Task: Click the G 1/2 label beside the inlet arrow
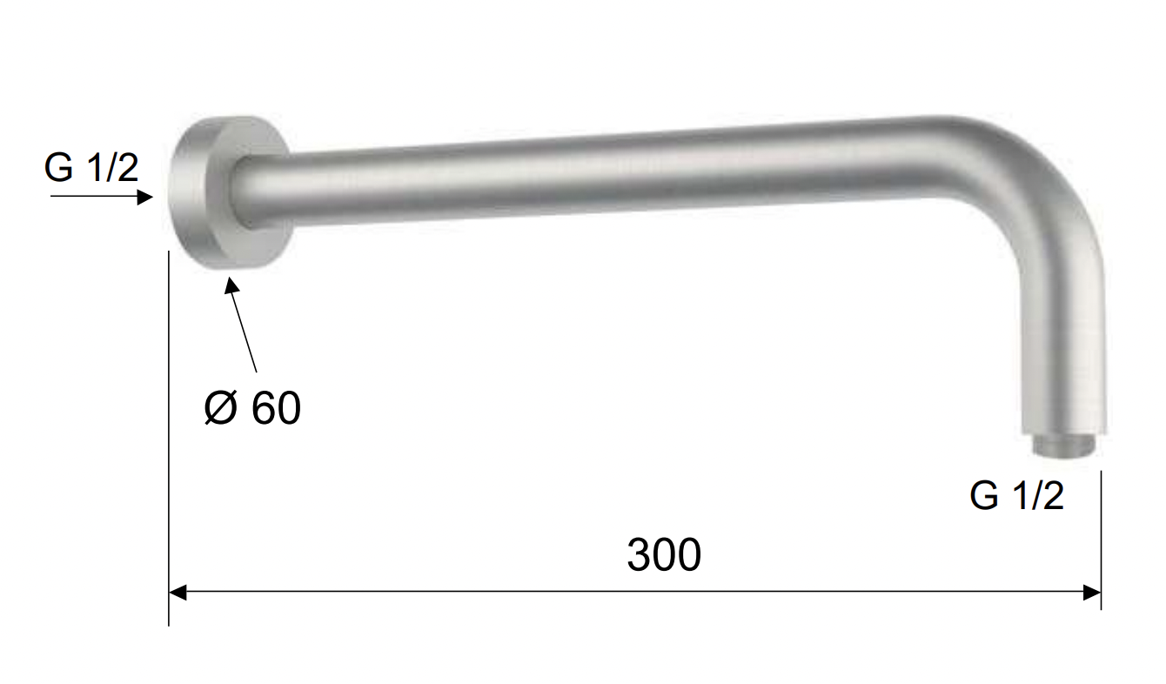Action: (x=91, y=168)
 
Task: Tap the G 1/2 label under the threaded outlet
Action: (x=1016, y=496)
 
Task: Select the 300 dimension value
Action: (x=663, y=554)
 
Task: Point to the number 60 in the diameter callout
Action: (x=276, y=407)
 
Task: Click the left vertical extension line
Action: (x=169, y=435)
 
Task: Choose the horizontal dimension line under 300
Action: (x=635, y=593)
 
